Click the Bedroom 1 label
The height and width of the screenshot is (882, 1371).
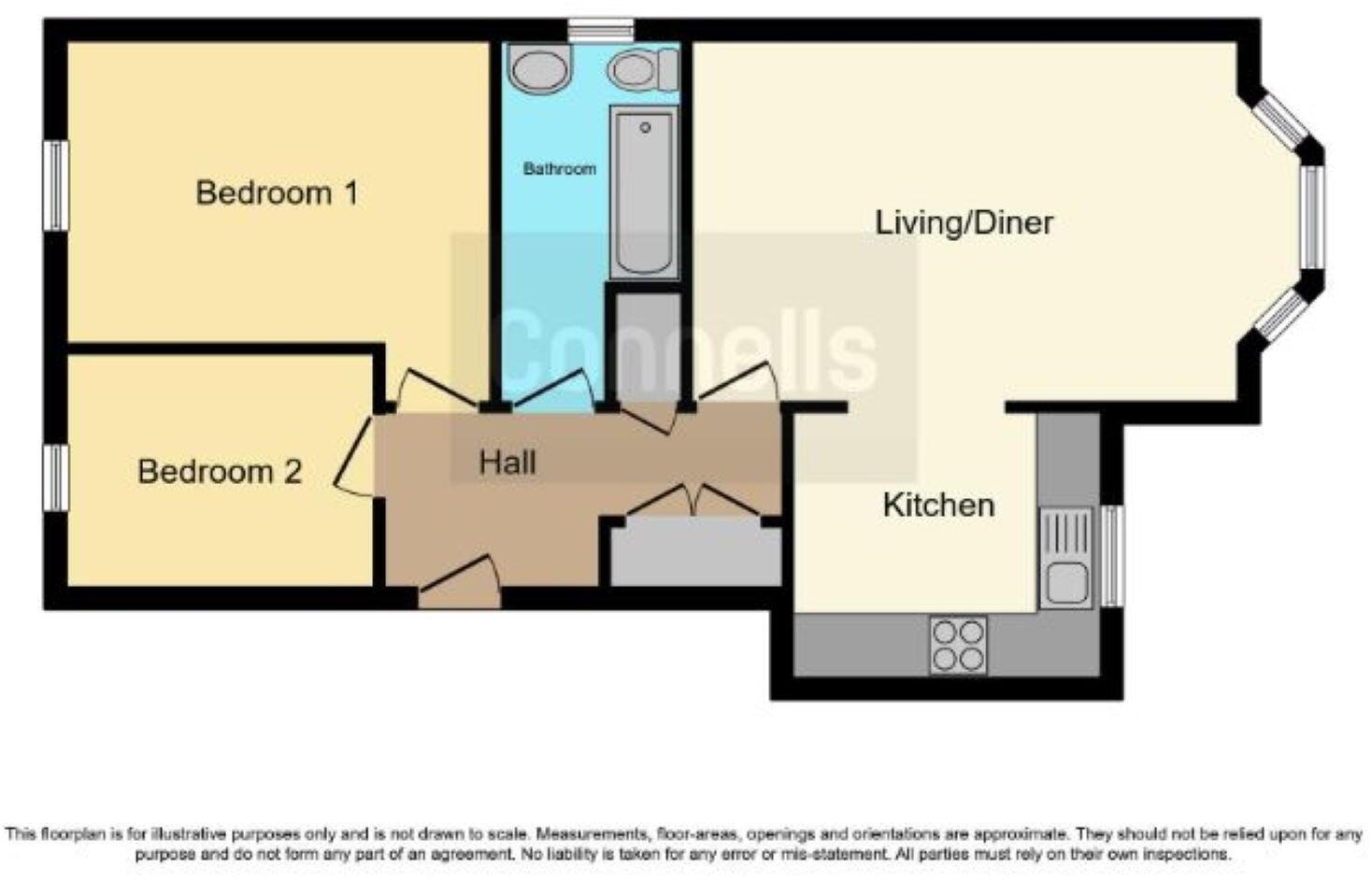click(x=277, y=193)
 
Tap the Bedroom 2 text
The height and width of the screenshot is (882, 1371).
click(x=220, y=471)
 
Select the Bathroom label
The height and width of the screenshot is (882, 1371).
click(x=559, y=169)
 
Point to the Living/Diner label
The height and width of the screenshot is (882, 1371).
click(x=964, y=222)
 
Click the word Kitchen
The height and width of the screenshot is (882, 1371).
click(x=938, y=505)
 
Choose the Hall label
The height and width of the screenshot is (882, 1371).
click(x=507, y=462)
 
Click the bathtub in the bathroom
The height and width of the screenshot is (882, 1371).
click(x=644, y=192)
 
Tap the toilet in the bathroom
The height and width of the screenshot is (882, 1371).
click(x=643, y=68)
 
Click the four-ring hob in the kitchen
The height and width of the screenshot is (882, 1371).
click(x=958, y=646)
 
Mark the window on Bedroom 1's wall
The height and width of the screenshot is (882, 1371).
click(x=57, y=185)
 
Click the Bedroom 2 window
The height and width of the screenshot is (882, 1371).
click(x=57, y=477)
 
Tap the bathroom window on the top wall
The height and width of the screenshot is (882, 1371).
click(x=600, y=30)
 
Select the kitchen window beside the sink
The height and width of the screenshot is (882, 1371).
click(x=1111, y=556)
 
